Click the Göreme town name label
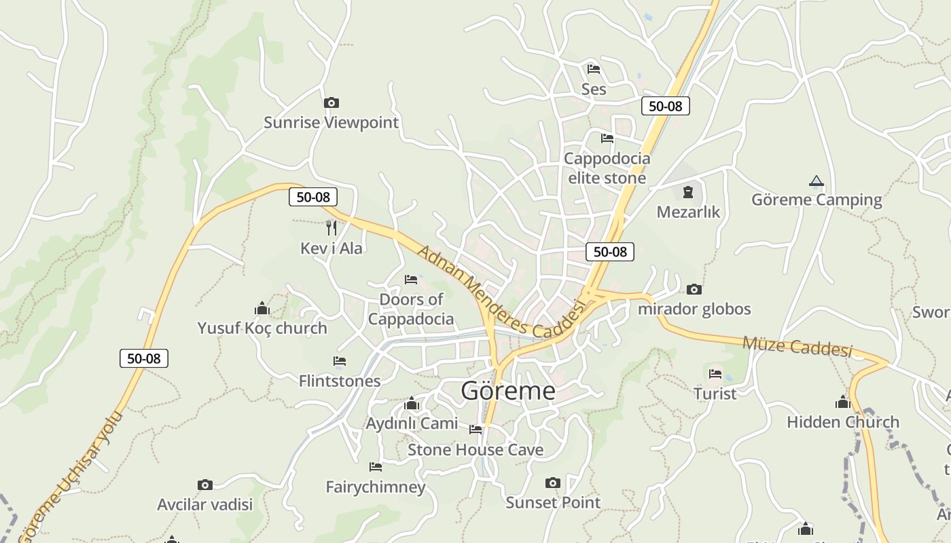508,391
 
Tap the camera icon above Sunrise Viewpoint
331,103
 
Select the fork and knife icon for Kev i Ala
331,227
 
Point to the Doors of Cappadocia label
411,309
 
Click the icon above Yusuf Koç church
262,309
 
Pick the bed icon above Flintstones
340,361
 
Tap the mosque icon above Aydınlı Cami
412,404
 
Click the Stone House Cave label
475,450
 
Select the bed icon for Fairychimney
375,467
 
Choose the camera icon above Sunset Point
553,483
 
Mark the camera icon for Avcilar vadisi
204,485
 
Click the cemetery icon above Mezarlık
688,192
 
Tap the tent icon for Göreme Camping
817,181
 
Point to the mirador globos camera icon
694,290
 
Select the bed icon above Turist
715,374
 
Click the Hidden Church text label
843,422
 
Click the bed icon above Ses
594,69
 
